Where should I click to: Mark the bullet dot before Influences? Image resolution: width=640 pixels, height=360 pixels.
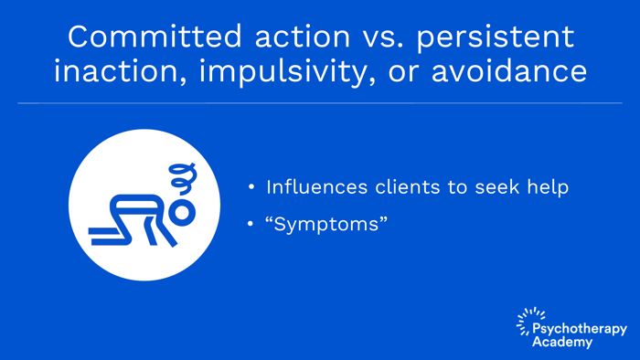(251, 188)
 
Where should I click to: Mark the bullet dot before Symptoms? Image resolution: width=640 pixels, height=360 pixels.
(251, 224)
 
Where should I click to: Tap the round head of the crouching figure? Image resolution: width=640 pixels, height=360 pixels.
(183, 212)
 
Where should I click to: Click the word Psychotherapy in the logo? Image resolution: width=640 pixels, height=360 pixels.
(580, 329)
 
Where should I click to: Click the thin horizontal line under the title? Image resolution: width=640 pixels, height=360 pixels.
(320, 103)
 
